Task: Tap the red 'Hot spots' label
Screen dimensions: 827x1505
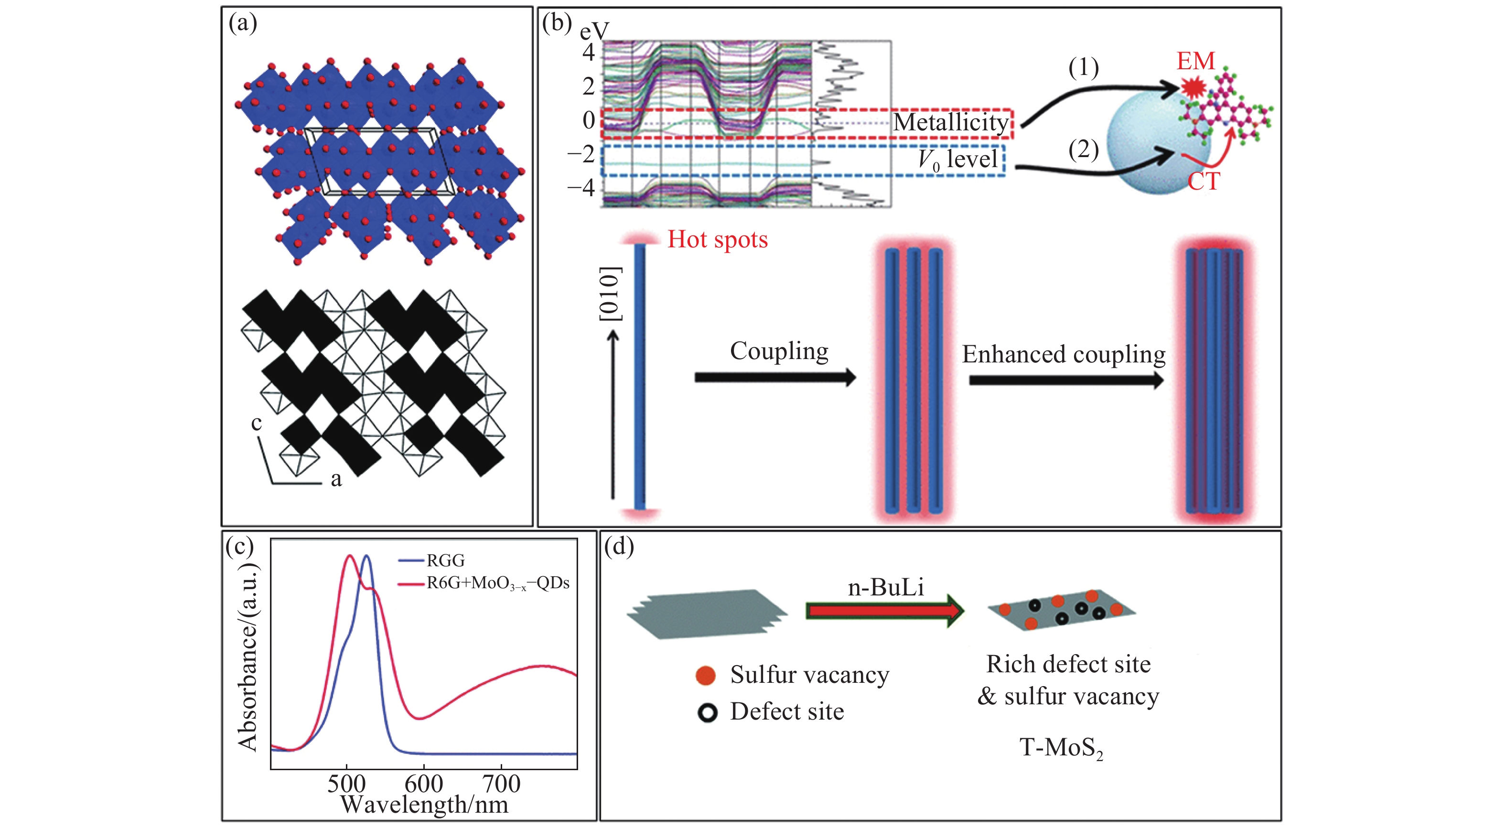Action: [x=718, y=239]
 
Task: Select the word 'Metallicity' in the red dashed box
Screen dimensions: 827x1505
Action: [x=951, y=123]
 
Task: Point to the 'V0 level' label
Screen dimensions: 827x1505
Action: [x=957, y=159]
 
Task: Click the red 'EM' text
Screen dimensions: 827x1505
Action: [x=1195, y=61]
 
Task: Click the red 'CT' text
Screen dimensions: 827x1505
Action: [x=1204, y=181]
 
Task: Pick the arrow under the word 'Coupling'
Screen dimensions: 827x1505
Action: [x=774, y=377]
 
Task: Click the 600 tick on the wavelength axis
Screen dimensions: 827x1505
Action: [x=424, y=784]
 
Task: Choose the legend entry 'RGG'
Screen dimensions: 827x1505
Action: [x=445, y=561]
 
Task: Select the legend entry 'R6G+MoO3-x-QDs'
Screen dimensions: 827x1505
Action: [x=498, y=583]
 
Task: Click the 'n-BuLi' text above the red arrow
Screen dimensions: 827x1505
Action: [x=886, y=587]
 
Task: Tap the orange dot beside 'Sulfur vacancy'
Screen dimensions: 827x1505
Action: [x=706, y=676]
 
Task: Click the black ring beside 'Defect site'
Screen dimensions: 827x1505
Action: [x=707, y=713]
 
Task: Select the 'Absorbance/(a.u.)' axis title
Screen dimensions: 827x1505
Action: [x=247, y=657]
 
